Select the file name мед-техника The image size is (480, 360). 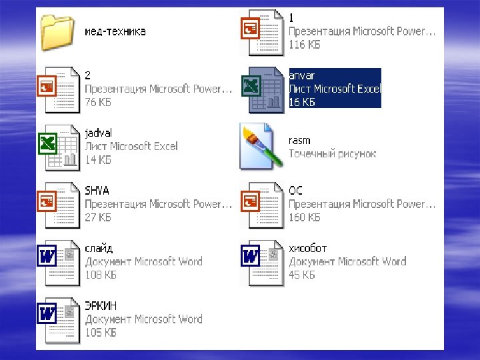115,31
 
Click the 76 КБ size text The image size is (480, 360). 98,102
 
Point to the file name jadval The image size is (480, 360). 99,133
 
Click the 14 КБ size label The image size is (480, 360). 98,160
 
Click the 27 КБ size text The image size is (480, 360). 98,217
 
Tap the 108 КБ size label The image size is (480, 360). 100,275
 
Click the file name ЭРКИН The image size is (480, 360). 101,305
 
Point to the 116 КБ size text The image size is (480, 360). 304,45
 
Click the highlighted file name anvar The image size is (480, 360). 303,75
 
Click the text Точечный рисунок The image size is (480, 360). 332,154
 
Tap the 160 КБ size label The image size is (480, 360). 304,217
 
